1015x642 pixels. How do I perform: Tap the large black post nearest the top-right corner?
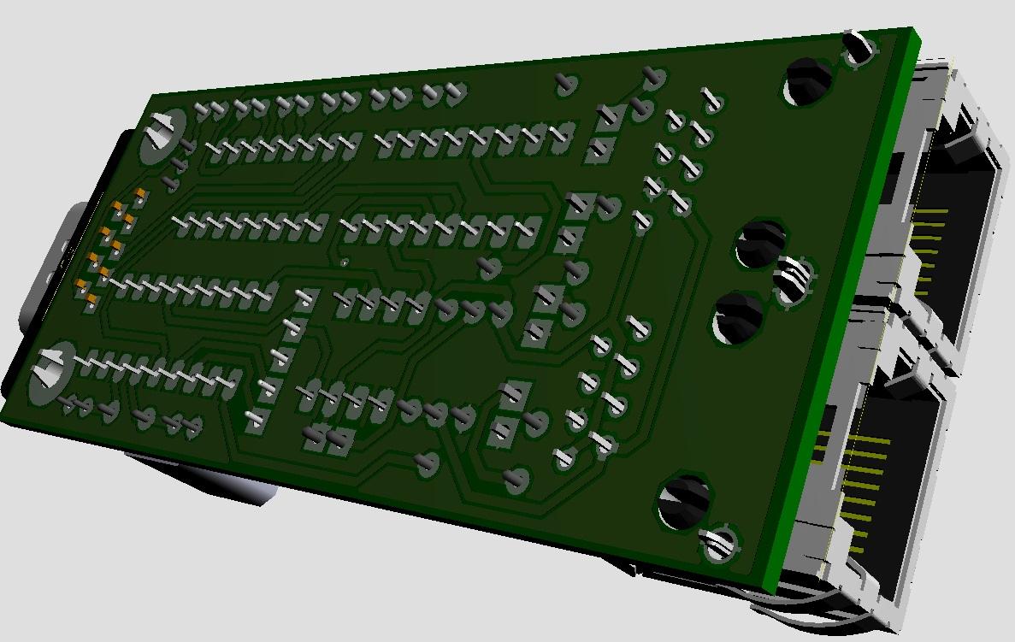point(807,81)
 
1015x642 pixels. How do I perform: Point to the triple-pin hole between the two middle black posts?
point(793,280)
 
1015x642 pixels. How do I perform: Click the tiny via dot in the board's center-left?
point(345,262)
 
